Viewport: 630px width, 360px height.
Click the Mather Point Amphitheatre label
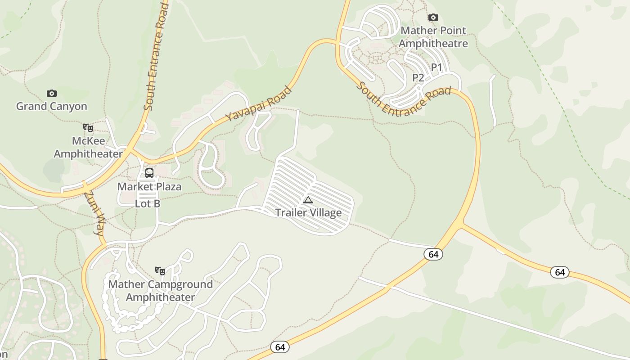433,37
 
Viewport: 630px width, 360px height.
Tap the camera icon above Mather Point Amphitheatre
433,18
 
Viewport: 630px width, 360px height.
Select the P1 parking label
436,67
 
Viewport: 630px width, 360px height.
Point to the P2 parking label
418,78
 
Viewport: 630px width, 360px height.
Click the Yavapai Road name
258,104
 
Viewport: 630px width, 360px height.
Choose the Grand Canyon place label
52,106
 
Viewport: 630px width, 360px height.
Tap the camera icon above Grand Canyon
52,93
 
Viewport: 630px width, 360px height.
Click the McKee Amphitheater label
88,147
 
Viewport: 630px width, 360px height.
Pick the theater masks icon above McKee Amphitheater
88,128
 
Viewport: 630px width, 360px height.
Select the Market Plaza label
149,186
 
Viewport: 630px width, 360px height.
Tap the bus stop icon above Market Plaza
149,173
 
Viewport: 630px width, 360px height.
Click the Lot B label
148,203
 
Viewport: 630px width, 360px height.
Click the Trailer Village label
308,212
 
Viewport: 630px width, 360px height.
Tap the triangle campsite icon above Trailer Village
308,200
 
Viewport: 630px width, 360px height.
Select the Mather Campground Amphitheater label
160,291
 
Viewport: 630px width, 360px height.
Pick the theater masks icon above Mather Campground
160,270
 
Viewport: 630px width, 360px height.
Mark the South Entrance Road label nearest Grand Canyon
156,56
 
